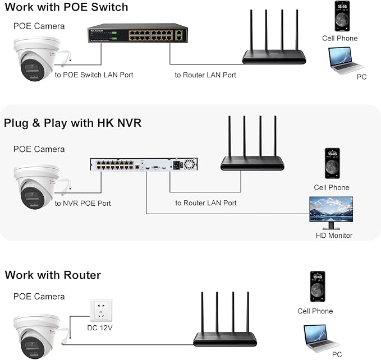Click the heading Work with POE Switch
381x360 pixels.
[66, 7]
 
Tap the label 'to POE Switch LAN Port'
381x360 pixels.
[94, 75]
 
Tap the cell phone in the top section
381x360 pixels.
[340, 16]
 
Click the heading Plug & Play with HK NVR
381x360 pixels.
[72, 123]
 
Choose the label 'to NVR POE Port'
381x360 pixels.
[83, 203]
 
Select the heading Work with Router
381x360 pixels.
[53, 275]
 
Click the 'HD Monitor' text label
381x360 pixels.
[334, 236]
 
